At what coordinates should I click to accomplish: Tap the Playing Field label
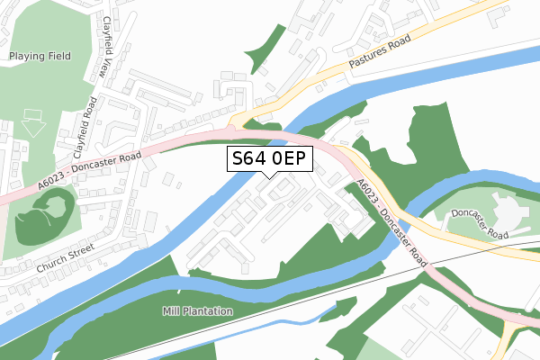(40, 56)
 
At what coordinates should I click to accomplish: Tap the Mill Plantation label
(198, 311)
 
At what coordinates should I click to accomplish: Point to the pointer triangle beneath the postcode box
(270, 175)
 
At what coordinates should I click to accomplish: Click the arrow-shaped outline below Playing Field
(34, 123)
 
